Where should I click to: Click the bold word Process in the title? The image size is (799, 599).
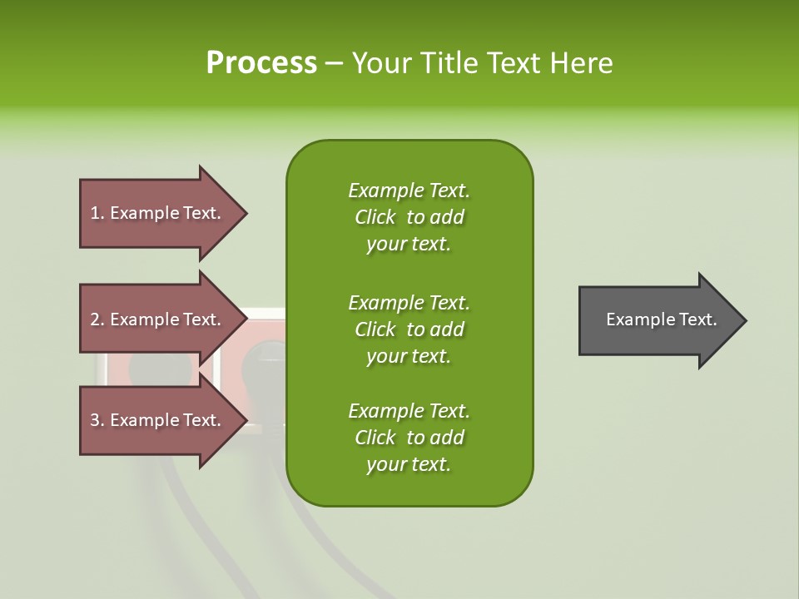pos(261,62)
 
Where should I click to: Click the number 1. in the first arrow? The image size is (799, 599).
pos(97,213)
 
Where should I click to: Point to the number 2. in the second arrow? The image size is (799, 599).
pos(97,319)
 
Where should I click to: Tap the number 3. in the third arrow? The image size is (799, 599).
pos(97,420)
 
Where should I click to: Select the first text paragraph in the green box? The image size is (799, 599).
pos(409,217)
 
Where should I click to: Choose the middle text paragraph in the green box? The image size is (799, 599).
pos(409,329)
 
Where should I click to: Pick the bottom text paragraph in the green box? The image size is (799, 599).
pos(409,438)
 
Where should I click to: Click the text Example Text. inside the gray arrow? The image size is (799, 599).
pos(662,319)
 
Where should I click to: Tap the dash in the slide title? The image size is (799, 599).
pos(334,63)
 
